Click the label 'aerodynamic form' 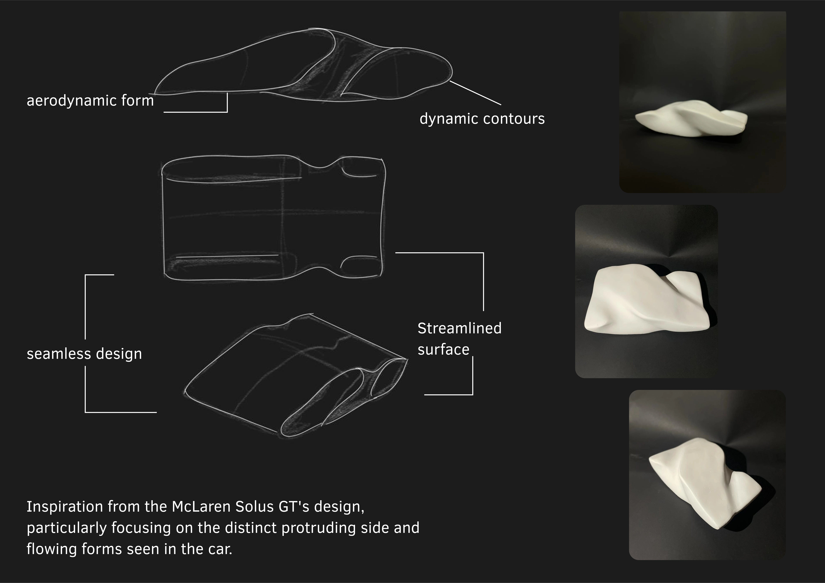pyautogui.click(x=90, y=101)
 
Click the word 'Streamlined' pyautogui.click(x=459, y=328)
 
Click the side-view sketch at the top pyautogui.click(x=304, y=65)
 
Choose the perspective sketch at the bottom pyautogui.click(x=296, y=375)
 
